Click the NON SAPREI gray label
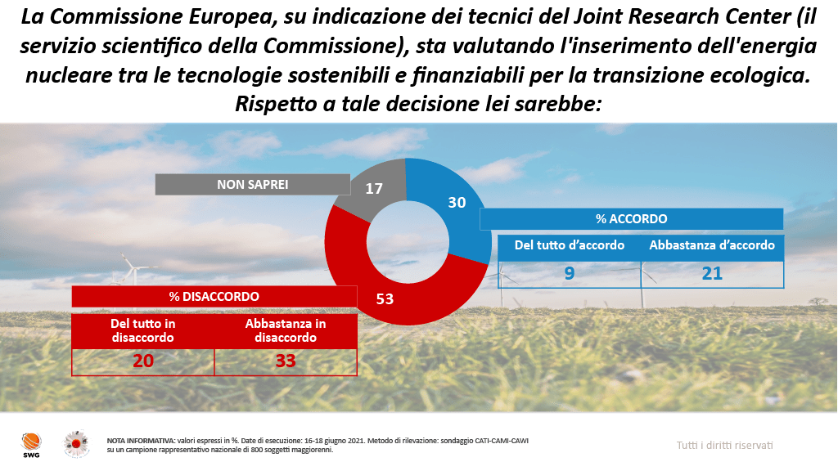(x=252, y=185)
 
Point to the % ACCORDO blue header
(x=631, y=219)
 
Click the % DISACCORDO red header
(x=214, y=296)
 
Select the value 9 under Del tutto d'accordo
(x=570, y=273)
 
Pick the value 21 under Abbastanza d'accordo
(x=712, y=273)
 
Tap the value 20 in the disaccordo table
(x=143, y=361)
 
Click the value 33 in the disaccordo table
(x=285, y=361)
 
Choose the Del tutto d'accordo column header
(x=570, y=245)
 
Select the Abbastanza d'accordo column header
(x=712, y=245)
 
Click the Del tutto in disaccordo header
(x=143, y=330)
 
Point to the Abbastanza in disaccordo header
(x=285, y=330)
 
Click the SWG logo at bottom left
(x=29, y=444)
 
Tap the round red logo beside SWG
(x=78, y=443)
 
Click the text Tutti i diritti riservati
(x=724, y=445)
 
